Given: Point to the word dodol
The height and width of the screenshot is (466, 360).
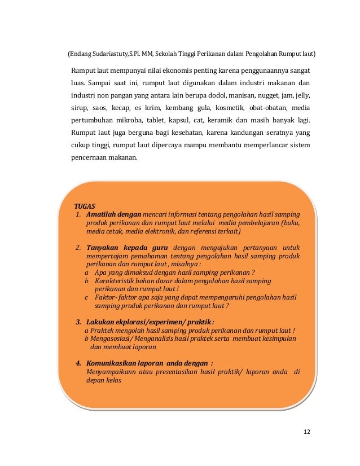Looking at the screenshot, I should point(217,95).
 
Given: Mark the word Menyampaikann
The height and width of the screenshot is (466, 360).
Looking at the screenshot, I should point(109,371).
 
